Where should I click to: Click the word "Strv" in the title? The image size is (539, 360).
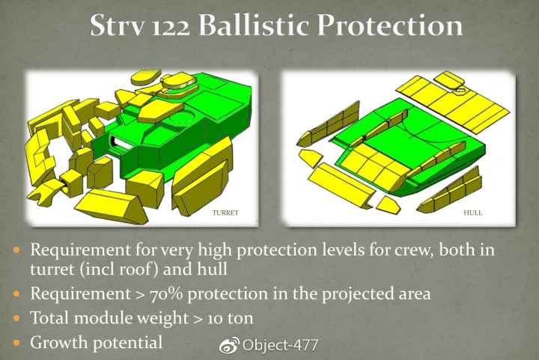pyautogui.click(x=117, y=25)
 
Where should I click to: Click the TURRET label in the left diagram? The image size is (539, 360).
pyautogui.click(x=225, y=213)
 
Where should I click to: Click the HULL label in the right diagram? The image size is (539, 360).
pyautogui.click(x=472, y=213)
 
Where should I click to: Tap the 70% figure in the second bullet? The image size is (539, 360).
pyautogui.click(x=166, y=293)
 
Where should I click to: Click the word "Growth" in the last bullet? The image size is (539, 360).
pyautogui.click(x=59, y=342)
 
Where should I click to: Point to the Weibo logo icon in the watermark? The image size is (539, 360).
pyautogui.click(x=229, y=344)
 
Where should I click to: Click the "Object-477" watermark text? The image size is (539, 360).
pyautogui.click(x=280, y=345)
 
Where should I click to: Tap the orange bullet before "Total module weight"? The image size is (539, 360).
pyautogui.click(x=16, y=318)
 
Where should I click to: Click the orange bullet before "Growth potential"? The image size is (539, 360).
pyautogui.click(x=16, y=343)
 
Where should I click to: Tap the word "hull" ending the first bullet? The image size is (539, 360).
pyautogui.click(x=212, y=269)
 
